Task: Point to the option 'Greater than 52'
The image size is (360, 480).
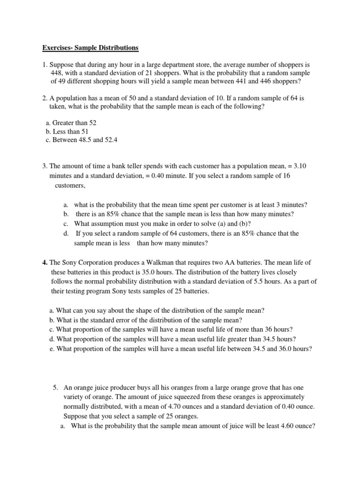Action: (71, 123)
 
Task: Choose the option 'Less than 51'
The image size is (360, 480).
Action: (67, 132)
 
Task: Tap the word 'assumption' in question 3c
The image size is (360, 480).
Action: (107, 224)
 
